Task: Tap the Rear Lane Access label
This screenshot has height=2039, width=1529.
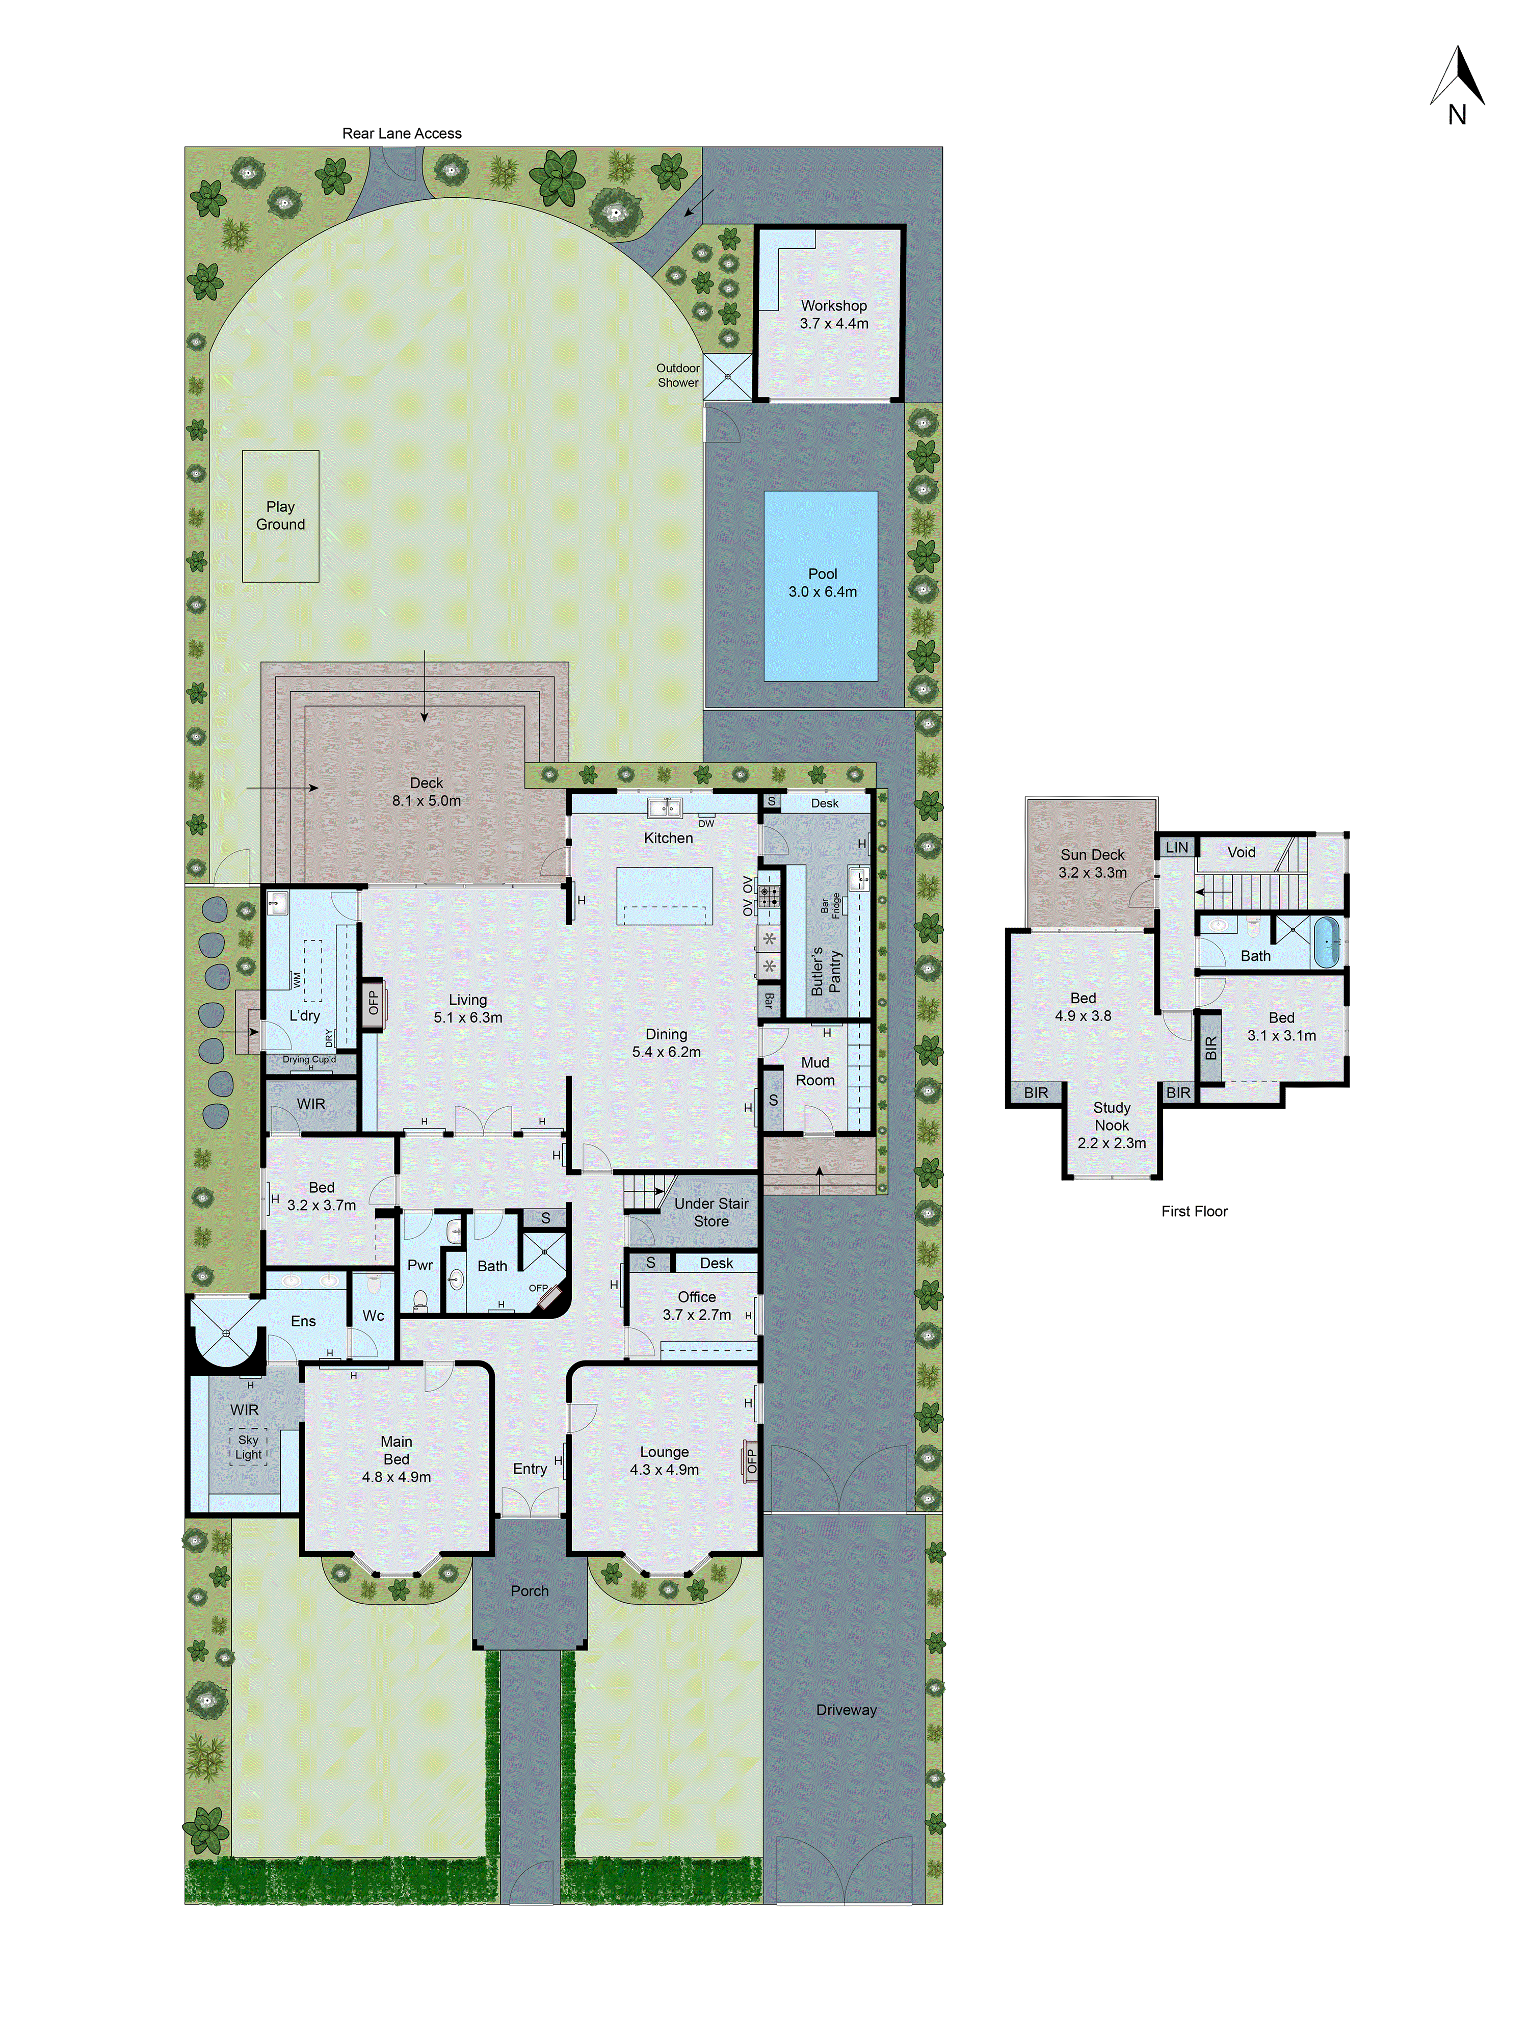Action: tap(402, 134)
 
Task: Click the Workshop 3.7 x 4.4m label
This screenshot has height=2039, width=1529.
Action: tap(833, 315)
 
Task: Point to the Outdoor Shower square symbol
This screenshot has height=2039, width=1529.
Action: tap(727, 377)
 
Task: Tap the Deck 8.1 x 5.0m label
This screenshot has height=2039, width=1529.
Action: tap(426, 792)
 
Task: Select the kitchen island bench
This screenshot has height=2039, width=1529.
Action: tap(664, 896)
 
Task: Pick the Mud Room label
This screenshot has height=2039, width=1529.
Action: tap(815, 1071)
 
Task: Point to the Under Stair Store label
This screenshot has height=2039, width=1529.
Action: tap(710, 1212)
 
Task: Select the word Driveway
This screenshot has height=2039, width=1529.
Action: tap(846, 1710)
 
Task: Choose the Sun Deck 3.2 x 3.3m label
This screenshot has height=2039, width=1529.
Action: tap(1092, 864)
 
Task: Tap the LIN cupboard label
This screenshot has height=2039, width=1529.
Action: tap(1177, 847)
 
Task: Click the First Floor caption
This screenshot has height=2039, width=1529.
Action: tap(1195, 1211)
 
